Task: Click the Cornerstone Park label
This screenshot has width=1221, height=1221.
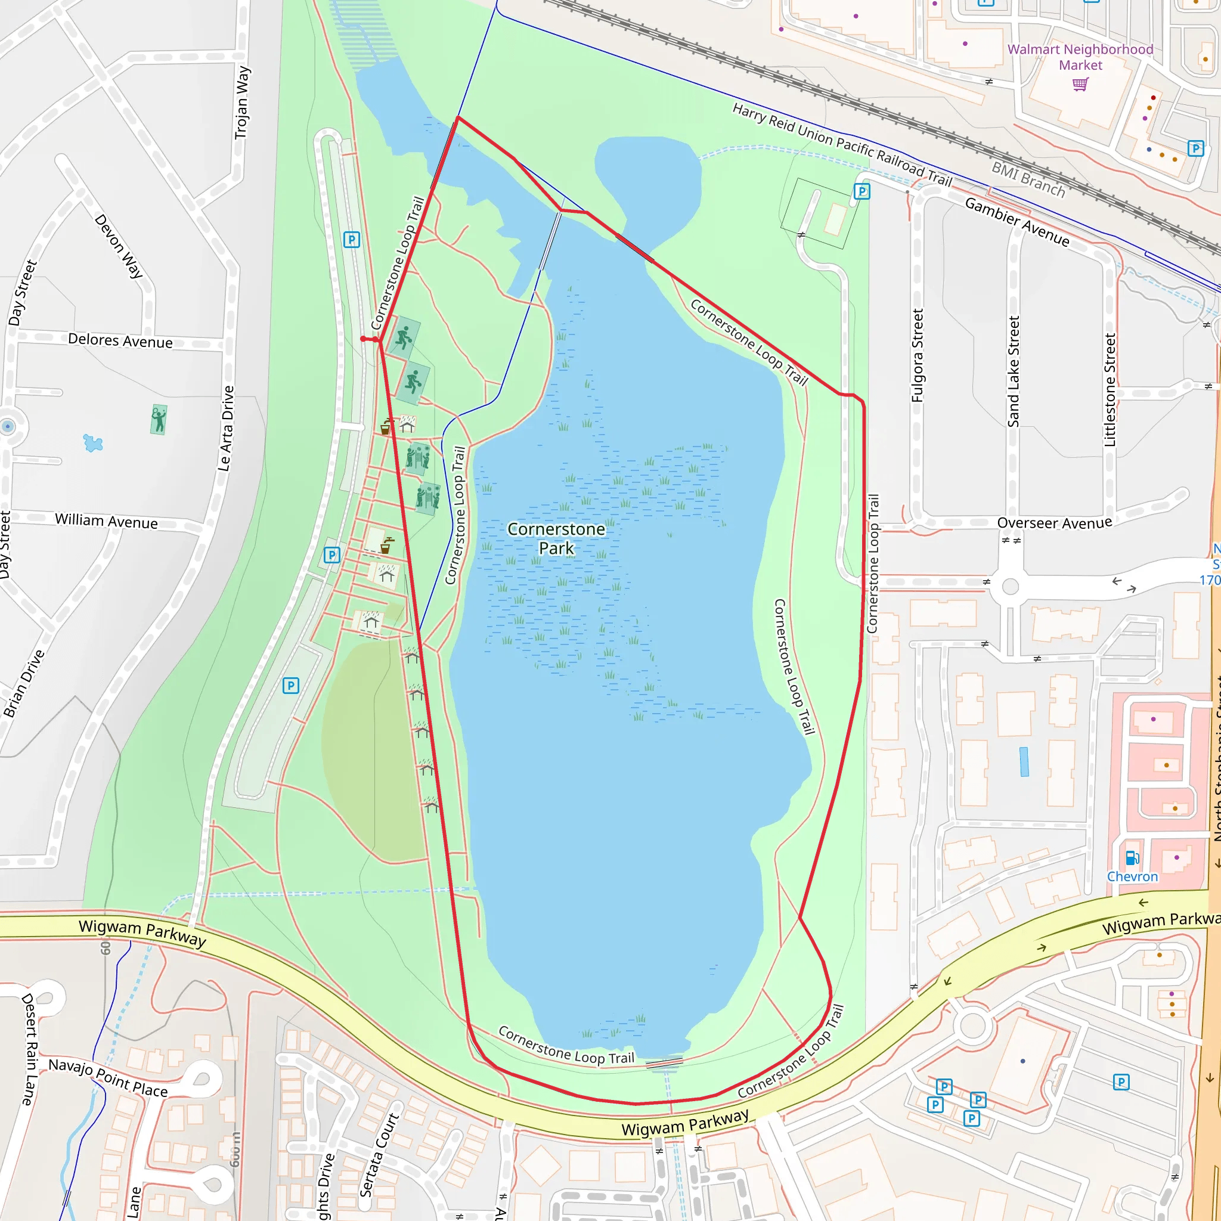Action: coord(556,538)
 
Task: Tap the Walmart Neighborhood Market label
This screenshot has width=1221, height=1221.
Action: coord(1080,57)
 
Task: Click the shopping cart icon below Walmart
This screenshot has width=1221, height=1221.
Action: coord(1081,84)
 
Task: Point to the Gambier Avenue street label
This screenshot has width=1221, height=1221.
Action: coord(1017,222)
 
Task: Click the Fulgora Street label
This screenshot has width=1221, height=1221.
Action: coord(918,355)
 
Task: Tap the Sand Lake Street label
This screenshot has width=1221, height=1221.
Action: coord(1014,371)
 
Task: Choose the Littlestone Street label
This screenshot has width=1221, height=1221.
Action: coord(1110,390)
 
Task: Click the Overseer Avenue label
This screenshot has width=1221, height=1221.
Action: coord(1054,523)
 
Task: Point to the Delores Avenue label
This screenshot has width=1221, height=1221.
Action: coord(120,340)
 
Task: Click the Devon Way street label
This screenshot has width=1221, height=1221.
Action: coord(119,246)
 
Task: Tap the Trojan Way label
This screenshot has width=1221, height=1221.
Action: coord(242,103)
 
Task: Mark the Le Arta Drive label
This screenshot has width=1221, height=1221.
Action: coord(226,429)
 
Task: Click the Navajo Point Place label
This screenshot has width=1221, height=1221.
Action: coord(108,1078)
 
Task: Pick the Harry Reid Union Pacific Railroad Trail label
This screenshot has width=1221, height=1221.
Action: coord(842,144)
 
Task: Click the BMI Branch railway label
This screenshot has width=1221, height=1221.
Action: coord(1028,179)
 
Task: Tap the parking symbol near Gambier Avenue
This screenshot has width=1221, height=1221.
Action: coord(862,191)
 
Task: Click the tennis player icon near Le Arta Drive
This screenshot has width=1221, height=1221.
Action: coord(159,420)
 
